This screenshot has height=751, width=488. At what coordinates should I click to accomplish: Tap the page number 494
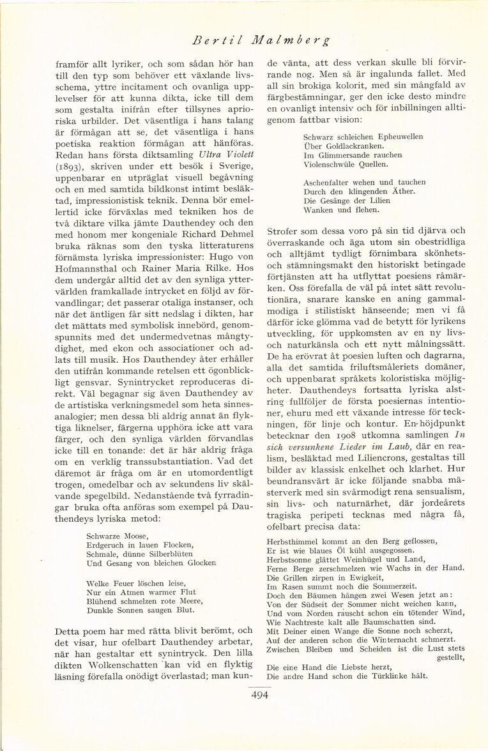259,695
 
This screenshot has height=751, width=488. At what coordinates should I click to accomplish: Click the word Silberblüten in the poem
166,554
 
